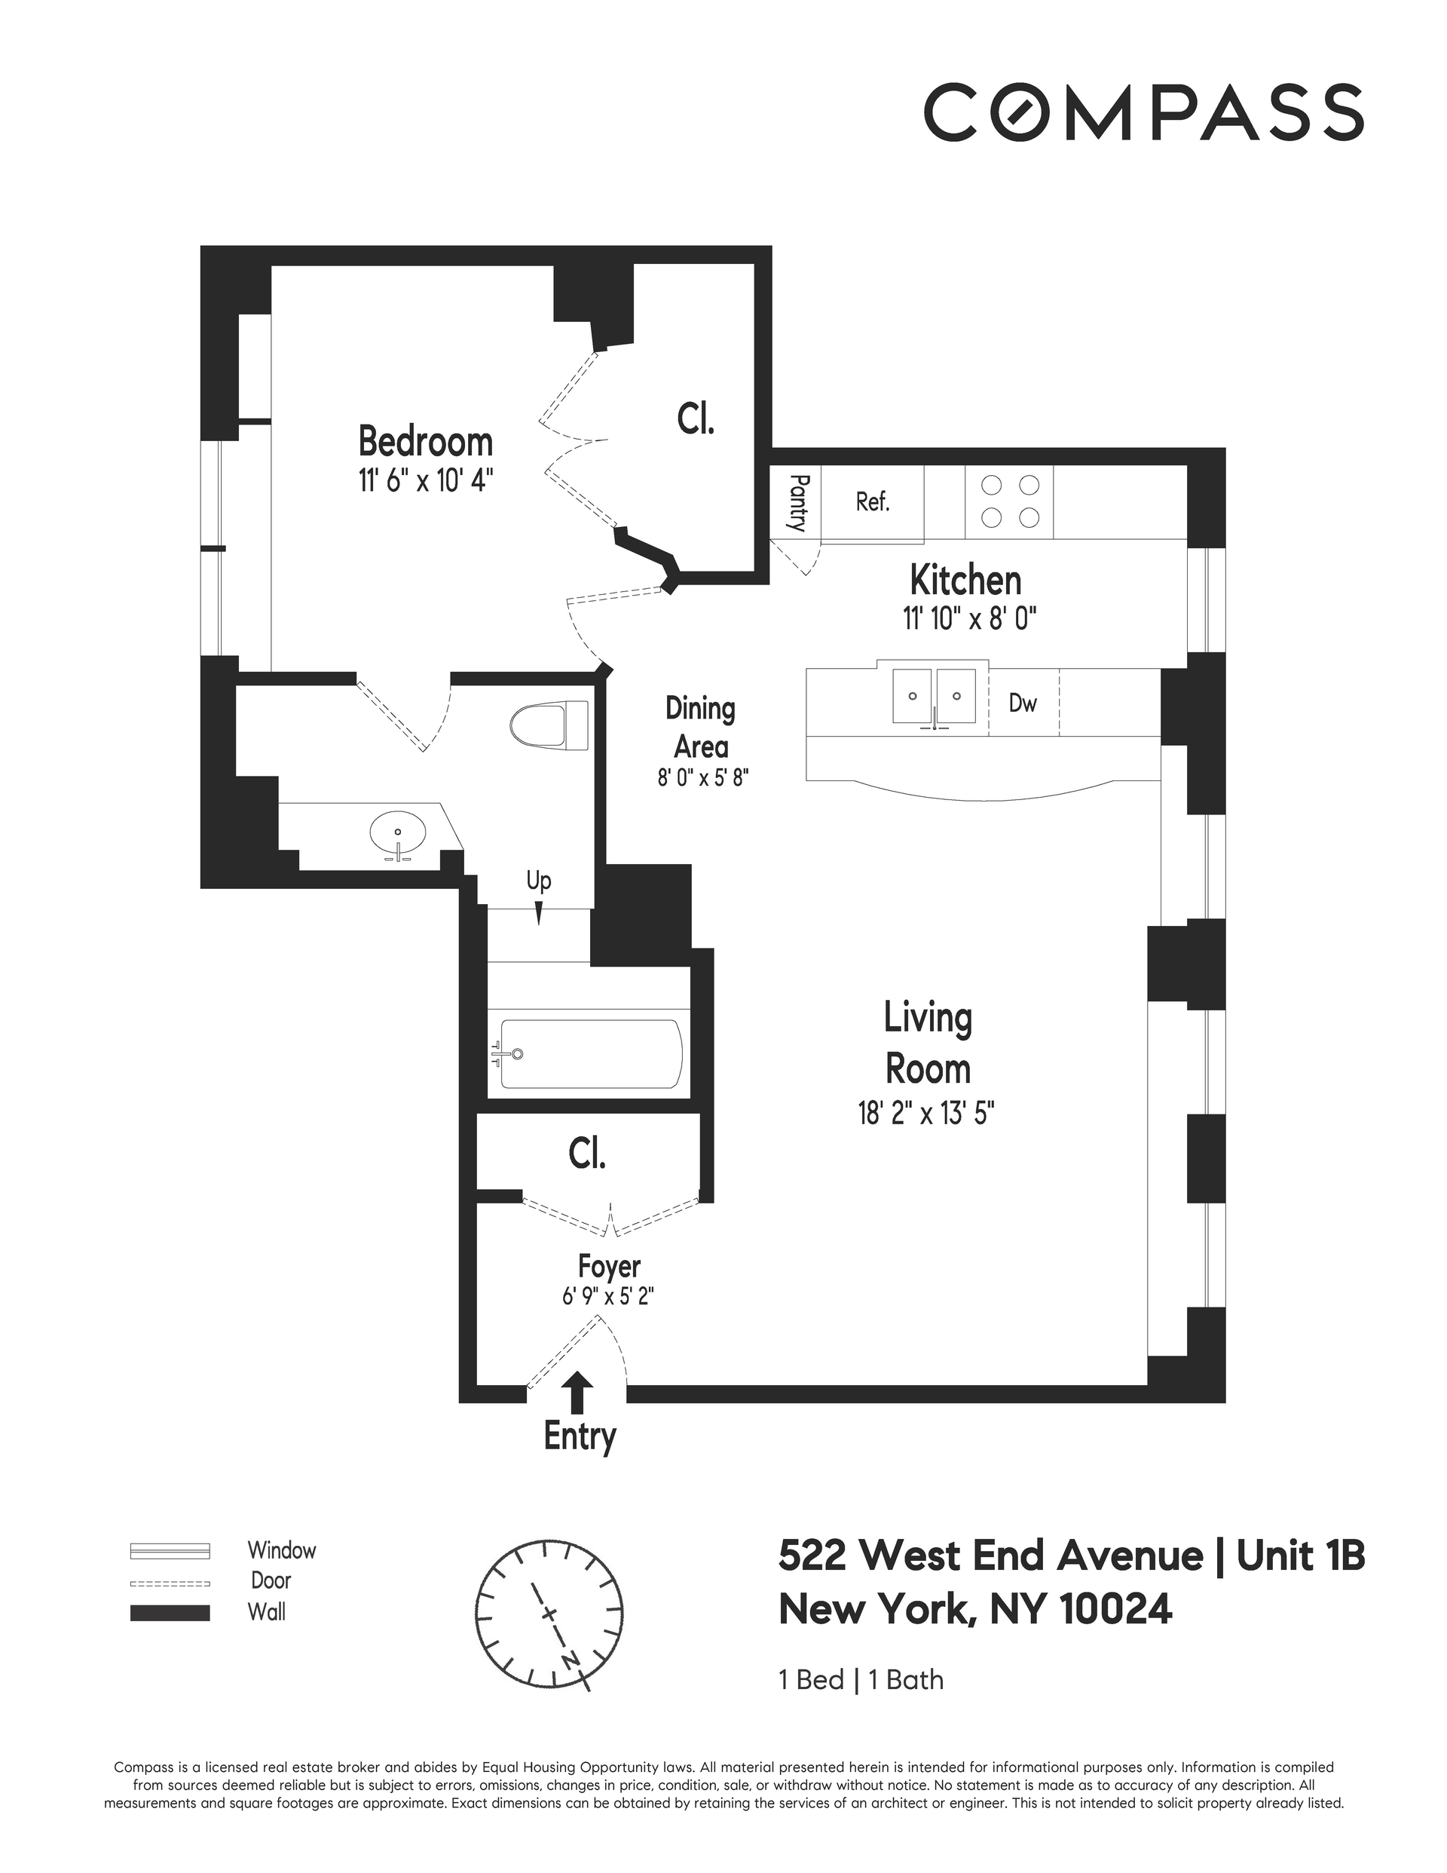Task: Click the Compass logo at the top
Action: (x=1143, y=112)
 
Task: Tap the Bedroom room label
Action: (x=425, y=442)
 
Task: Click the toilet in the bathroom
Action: (x=549, y=725)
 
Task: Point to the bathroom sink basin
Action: (x=398, y=832)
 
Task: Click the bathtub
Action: (x=591, y=1054)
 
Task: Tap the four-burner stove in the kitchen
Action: (x=1010, y=501)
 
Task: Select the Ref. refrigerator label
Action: (x=873, y=501)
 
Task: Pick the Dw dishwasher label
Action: (x=1023, y=704)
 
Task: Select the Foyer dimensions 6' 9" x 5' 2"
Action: (x=609, y=1296)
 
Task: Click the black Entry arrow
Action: (x=580, y=1393)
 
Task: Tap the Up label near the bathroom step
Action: (x=538, y=881)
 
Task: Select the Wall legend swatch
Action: (x=170, y=1613)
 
